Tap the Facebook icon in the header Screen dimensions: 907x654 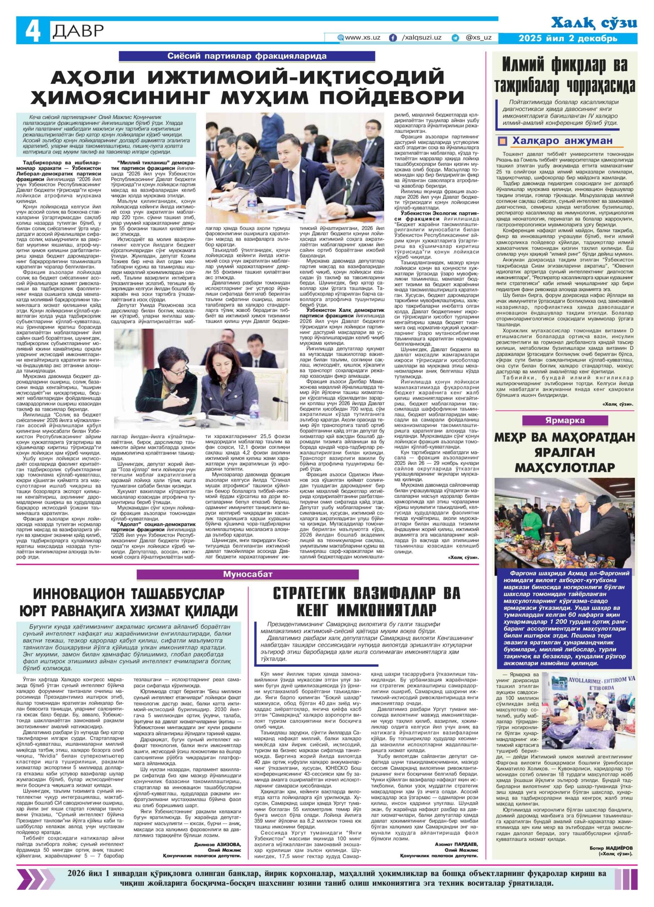tap(393, 38)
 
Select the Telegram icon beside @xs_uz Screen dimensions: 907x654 tap(455, 38)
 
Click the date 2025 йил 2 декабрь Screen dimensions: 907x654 tap(568, 39)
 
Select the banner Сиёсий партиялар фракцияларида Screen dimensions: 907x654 tap(247, 56)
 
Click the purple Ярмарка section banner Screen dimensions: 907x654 tap(565, 420)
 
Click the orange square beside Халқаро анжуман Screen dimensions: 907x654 tap(502, 141)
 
